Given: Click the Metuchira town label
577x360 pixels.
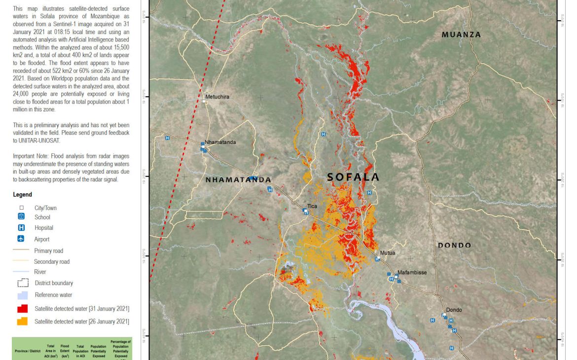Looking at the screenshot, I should tap(217, 97).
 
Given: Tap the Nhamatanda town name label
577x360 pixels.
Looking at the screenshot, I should tap(220, 142).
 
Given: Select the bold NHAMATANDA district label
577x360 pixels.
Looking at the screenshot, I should tap(238, 180).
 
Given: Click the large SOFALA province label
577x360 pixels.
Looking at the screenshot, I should tap(353, 177).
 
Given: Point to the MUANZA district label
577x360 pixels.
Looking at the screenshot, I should tap(461, 35).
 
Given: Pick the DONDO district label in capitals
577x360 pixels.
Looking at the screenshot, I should tap(454, 245).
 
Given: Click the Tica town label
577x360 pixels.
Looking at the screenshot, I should tap(312, 206).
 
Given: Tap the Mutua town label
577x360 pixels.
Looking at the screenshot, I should tap(387, 253).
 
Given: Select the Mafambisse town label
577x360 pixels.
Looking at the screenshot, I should tap(412, 272).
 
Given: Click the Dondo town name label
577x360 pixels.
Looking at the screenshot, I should tap(454, 310).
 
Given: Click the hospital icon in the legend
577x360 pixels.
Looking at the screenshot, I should tap(21, 228).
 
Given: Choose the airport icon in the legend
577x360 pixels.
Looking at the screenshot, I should tap(21, 239).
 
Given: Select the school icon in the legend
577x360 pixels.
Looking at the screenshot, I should tap(21, 217).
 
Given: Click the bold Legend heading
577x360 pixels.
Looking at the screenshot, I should tap(22, 195).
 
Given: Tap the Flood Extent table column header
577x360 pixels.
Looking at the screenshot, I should tap(65, 351).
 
